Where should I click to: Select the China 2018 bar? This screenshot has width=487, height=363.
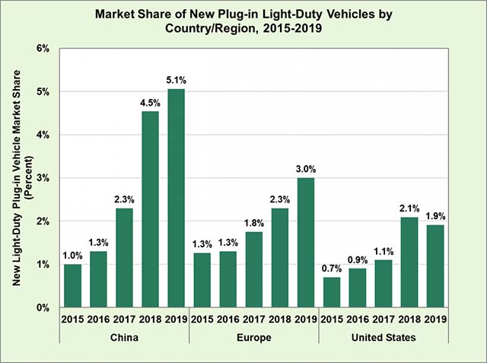coord(151,210)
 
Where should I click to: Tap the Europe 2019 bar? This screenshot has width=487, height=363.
coord(305,243)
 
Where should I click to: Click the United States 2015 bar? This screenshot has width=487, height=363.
coord(331,292)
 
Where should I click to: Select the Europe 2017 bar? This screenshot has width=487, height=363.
coord(253,269)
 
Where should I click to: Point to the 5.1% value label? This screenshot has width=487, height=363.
coord(177,80)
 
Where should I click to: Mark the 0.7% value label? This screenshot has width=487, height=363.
coord(331,268)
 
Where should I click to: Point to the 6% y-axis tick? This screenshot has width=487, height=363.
coord(43,48)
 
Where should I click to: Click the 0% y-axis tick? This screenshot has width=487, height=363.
coord(43,307)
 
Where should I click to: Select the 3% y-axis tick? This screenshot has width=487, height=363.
coord(43,178)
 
